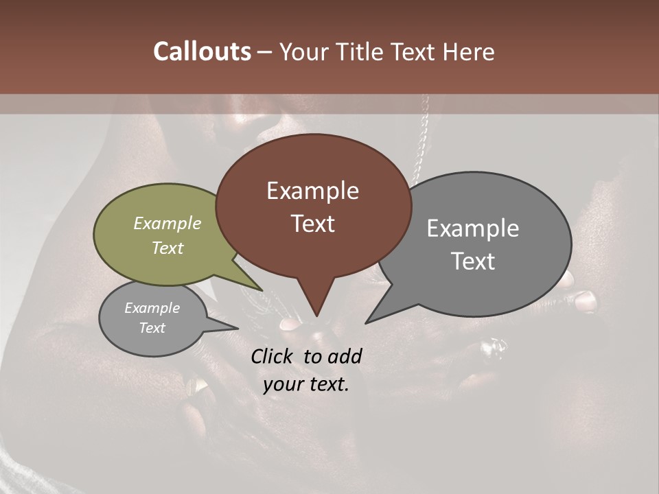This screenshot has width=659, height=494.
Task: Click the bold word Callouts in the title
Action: pos(202,51)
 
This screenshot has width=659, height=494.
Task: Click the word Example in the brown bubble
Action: pos(312,191)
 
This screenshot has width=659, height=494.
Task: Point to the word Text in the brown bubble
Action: pos(312,224)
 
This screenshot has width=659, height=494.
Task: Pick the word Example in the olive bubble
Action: pos(167,223)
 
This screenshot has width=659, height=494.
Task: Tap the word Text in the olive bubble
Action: pos(167,248)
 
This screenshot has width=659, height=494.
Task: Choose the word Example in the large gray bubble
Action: pos(473,228)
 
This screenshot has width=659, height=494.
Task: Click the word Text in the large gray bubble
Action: pos(473,261)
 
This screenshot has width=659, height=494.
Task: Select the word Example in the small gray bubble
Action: pos(152,308)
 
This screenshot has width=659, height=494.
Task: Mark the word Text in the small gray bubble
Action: pos(152,328)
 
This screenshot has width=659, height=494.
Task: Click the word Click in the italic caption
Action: pos(274,356)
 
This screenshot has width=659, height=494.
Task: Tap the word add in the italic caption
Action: pos(345,356)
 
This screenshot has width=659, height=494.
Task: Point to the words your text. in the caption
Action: pos(306,385)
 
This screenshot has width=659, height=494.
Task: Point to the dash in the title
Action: pos(265,52)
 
